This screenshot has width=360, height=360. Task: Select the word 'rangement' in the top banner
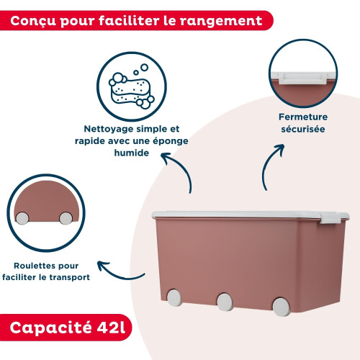coord(221,21)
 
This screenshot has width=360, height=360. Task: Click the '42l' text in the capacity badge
coord(111,327)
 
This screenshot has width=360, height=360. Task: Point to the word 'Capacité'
coord(50,328)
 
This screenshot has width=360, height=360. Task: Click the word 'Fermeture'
coord(303,117)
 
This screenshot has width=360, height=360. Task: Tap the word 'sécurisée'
coord(303,129)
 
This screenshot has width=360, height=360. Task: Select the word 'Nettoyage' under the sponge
coord(109,129)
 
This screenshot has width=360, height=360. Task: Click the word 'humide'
coord(132,153)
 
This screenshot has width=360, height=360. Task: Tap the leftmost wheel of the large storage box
coord(174,297)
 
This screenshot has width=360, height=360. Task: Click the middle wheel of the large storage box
coord(225,302)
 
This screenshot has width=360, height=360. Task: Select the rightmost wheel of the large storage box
coord(282,307)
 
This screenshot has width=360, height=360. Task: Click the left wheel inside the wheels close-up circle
coord(22,218)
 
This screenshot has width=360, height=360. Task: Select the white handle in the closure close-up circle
coord(302,78)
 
